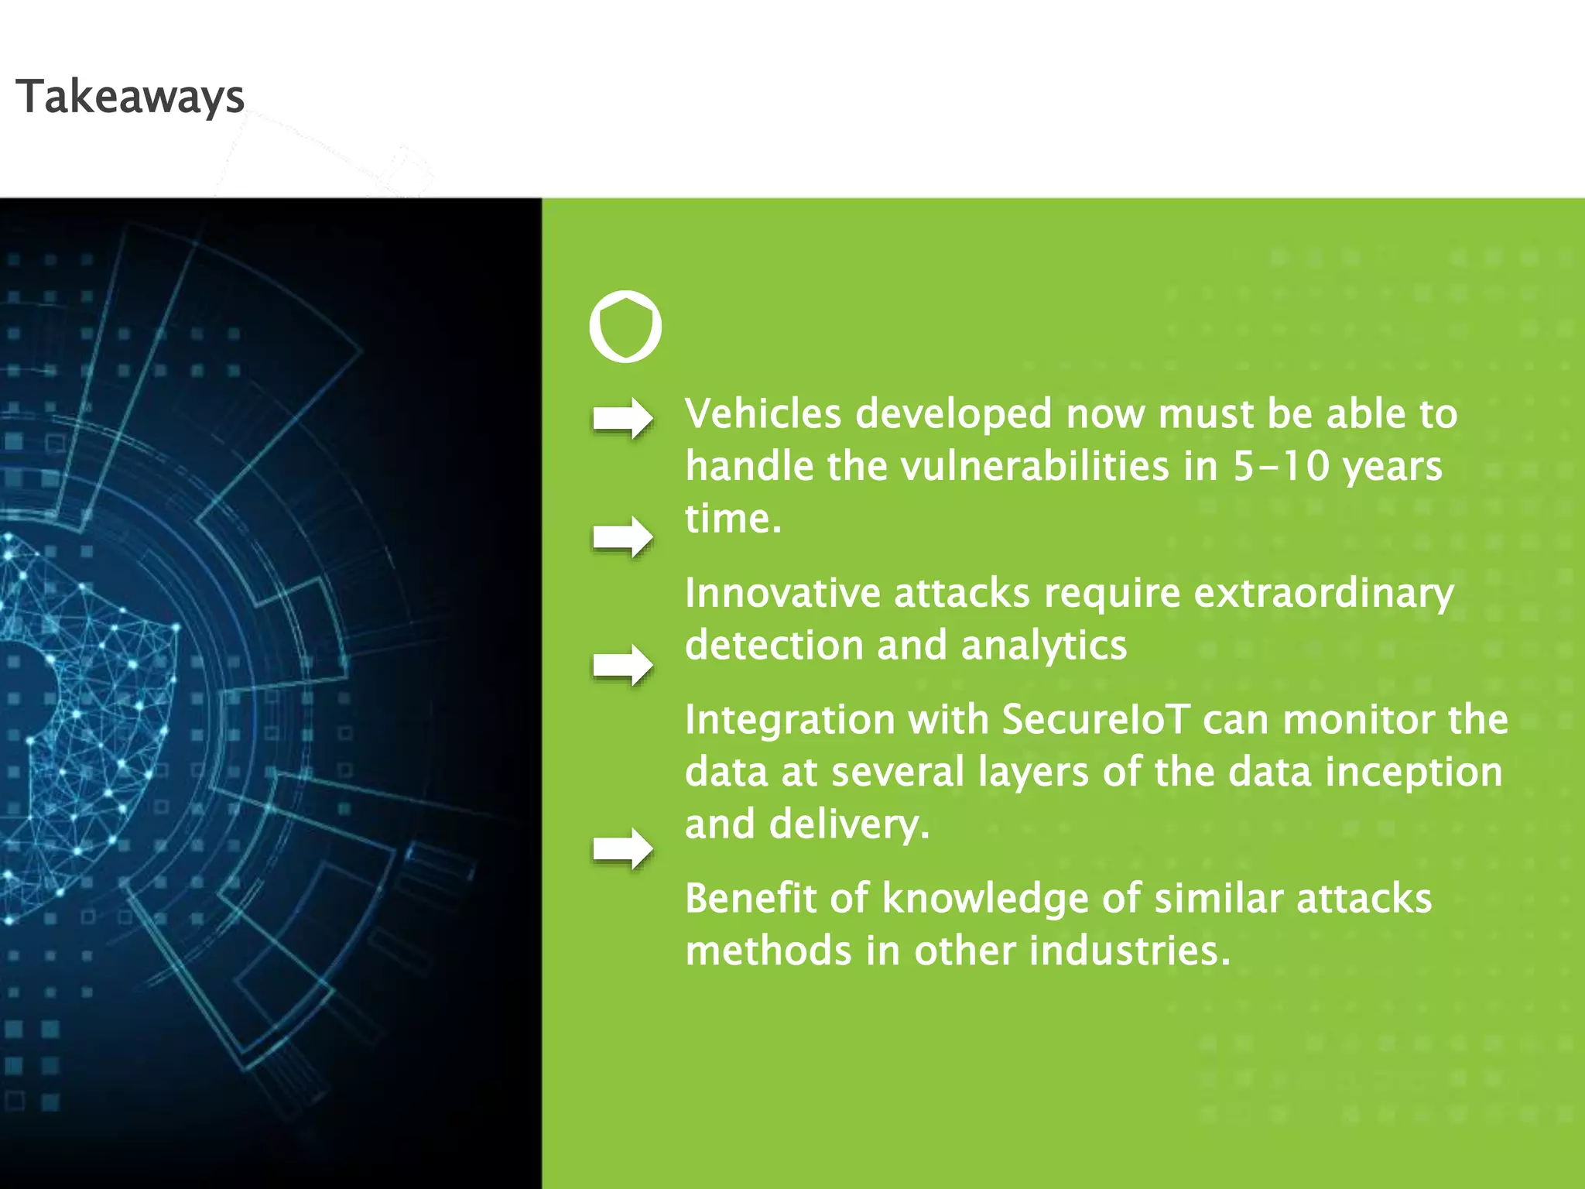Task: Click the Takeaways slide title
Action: pyautogui.click(x=130, y=98)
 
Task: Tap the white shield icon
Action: pyautogui.click(x=625, y=327)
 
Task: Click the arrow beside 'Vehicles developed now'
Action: pyautogui.click(x=622, y=419)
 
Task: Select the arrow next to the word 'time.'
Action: pyautogui.click(x=622, y=536)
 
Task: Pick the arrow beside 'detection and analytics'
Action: pyautogui.click(x=622, y=664)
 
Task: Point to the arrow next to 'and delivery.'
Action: pyautogui.click(x=622, y=848)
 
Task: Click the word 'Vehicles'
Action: pyautogui.click(x=762, y=413)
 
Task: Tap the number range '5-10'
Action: pyautogui.click(x=1280, y=466)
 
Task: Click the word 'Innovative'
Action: pyautogui.click(x=782, y=593)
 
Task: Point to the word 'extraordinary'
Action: pyautogui.click(x=1323, y=594)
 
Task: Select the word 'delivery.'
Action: pyautogui.click(x=849, y=824)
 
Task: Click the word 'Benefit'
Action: pyautogui.click(x=750, y=899)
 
